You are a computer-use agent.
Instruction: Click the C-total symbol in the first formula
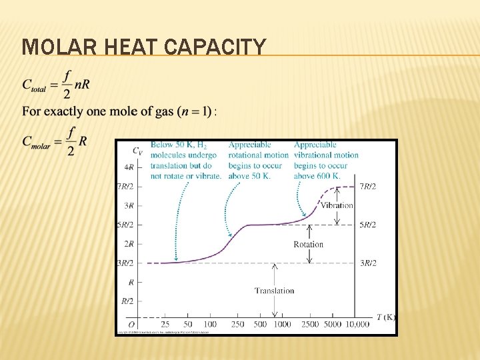click(34, 85)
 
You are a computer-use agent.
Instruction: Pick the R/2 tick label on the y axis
click(127, 301)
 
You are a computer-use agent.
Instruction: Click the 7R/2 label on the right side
click(367, 187)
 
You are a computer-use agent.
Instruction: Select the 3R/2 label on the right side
click(367, 263)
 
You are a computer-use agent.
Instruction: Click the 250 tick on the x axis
click(238, 325)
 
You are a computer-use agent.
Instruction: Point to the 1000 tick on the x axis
click(282, 325)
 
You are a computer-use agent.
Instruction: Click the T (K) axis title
click(385, 317)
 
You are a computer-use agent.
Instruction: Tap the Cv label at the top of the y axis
click(136, 150)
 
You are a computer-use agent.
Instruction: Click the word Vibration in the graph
click(337, 205)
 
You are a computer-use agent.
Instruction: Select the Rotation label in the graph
click(308, 245)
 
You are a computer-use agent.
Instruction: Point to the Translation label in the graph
click(274, 291)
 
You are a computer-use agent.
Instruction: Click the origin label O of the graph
click(132, 325)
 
